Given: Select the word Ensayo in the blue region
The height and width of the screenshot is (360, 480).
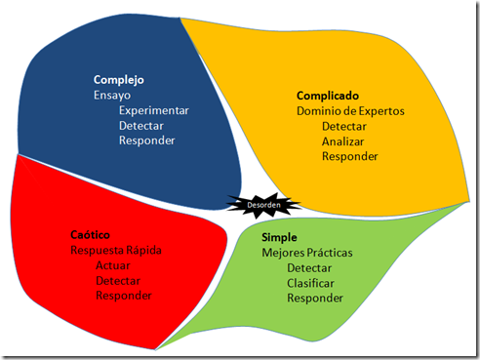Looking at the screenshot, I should click(112, 95).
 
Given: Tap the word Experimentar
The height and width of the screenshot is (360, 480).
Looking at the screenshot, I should click(154, 110).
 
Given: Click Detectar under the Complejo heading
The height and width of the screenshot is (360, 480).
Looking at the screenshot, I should click(141, 126).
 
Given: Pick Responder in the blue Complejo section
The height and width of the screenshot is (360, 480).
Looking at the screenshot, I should click(146, 140).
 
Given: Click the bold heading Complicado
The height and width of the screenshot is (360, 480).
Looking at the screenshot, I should click(328, 96).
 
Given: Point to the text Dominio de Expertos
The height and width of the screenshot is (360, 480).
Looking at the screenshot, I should click(349, 111).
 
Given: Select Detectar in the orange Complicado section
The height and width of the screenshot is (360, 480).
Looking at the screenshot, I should click(344, 127).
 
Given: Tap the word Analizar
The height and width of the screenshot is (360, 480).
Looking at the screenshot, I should click(342, 141).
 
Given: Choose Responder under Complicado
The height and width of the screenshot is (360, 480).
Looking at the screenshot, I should click(349, 156).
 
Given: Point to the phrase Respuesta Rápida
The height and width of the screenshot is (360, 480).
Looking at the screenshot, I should click(116, 251).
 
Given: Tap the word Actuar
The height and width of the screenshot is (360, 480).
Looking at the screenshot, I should click(113, 265).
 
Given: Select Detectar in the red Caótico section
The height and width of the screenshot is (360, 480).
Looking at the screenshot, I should click(118, 281).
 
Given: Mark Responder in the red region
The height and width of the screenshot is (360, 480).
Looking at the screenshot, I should click(124, 296).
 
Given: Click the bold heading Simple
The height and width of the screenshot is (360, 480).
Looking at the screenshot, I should click(280, 237).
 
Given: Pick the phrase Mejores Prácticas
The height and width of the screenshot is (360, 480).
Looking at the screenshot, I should click(307, 253).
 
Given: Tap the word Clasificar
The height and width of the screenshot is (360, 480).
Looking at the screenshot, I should click(311, 283).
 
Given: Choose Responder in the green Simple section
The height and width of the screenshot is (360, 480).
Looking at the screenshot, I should click(314, 298).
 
